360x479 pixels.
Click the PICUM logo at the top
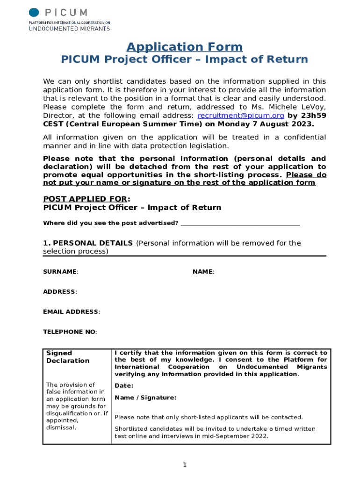(69, 19)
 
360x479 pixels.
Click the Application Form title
(185, 47)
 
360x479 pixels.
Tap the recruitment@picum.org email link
(241, 116)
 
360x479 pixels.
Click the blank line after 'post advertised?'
(240, 223)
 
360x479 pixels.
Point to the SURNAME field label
(60, 272)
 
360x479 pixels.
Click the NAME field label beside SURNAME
(203, 272)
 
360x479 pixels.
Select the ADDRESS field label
(60, 292)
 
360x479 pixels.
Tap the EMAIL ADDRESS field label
(71, 312)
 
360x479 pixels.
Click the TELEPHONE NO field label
(70, 332)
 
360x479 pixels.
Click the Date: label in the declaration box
(124, 386)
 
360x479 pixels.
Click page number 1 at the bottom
(185, 465)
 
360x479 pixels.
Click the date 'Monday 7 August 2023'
(270, 124)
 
